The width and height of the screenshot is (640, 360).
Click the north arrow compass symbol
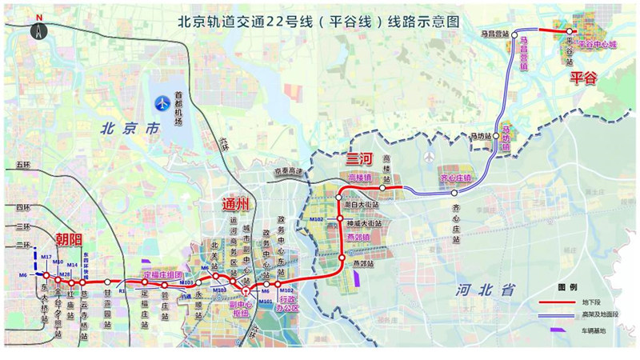[38, 28]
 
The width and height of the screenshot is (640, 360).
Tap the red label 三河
[353, 158]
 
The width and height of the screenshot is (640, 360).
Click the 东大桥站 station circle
[46, 276]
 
